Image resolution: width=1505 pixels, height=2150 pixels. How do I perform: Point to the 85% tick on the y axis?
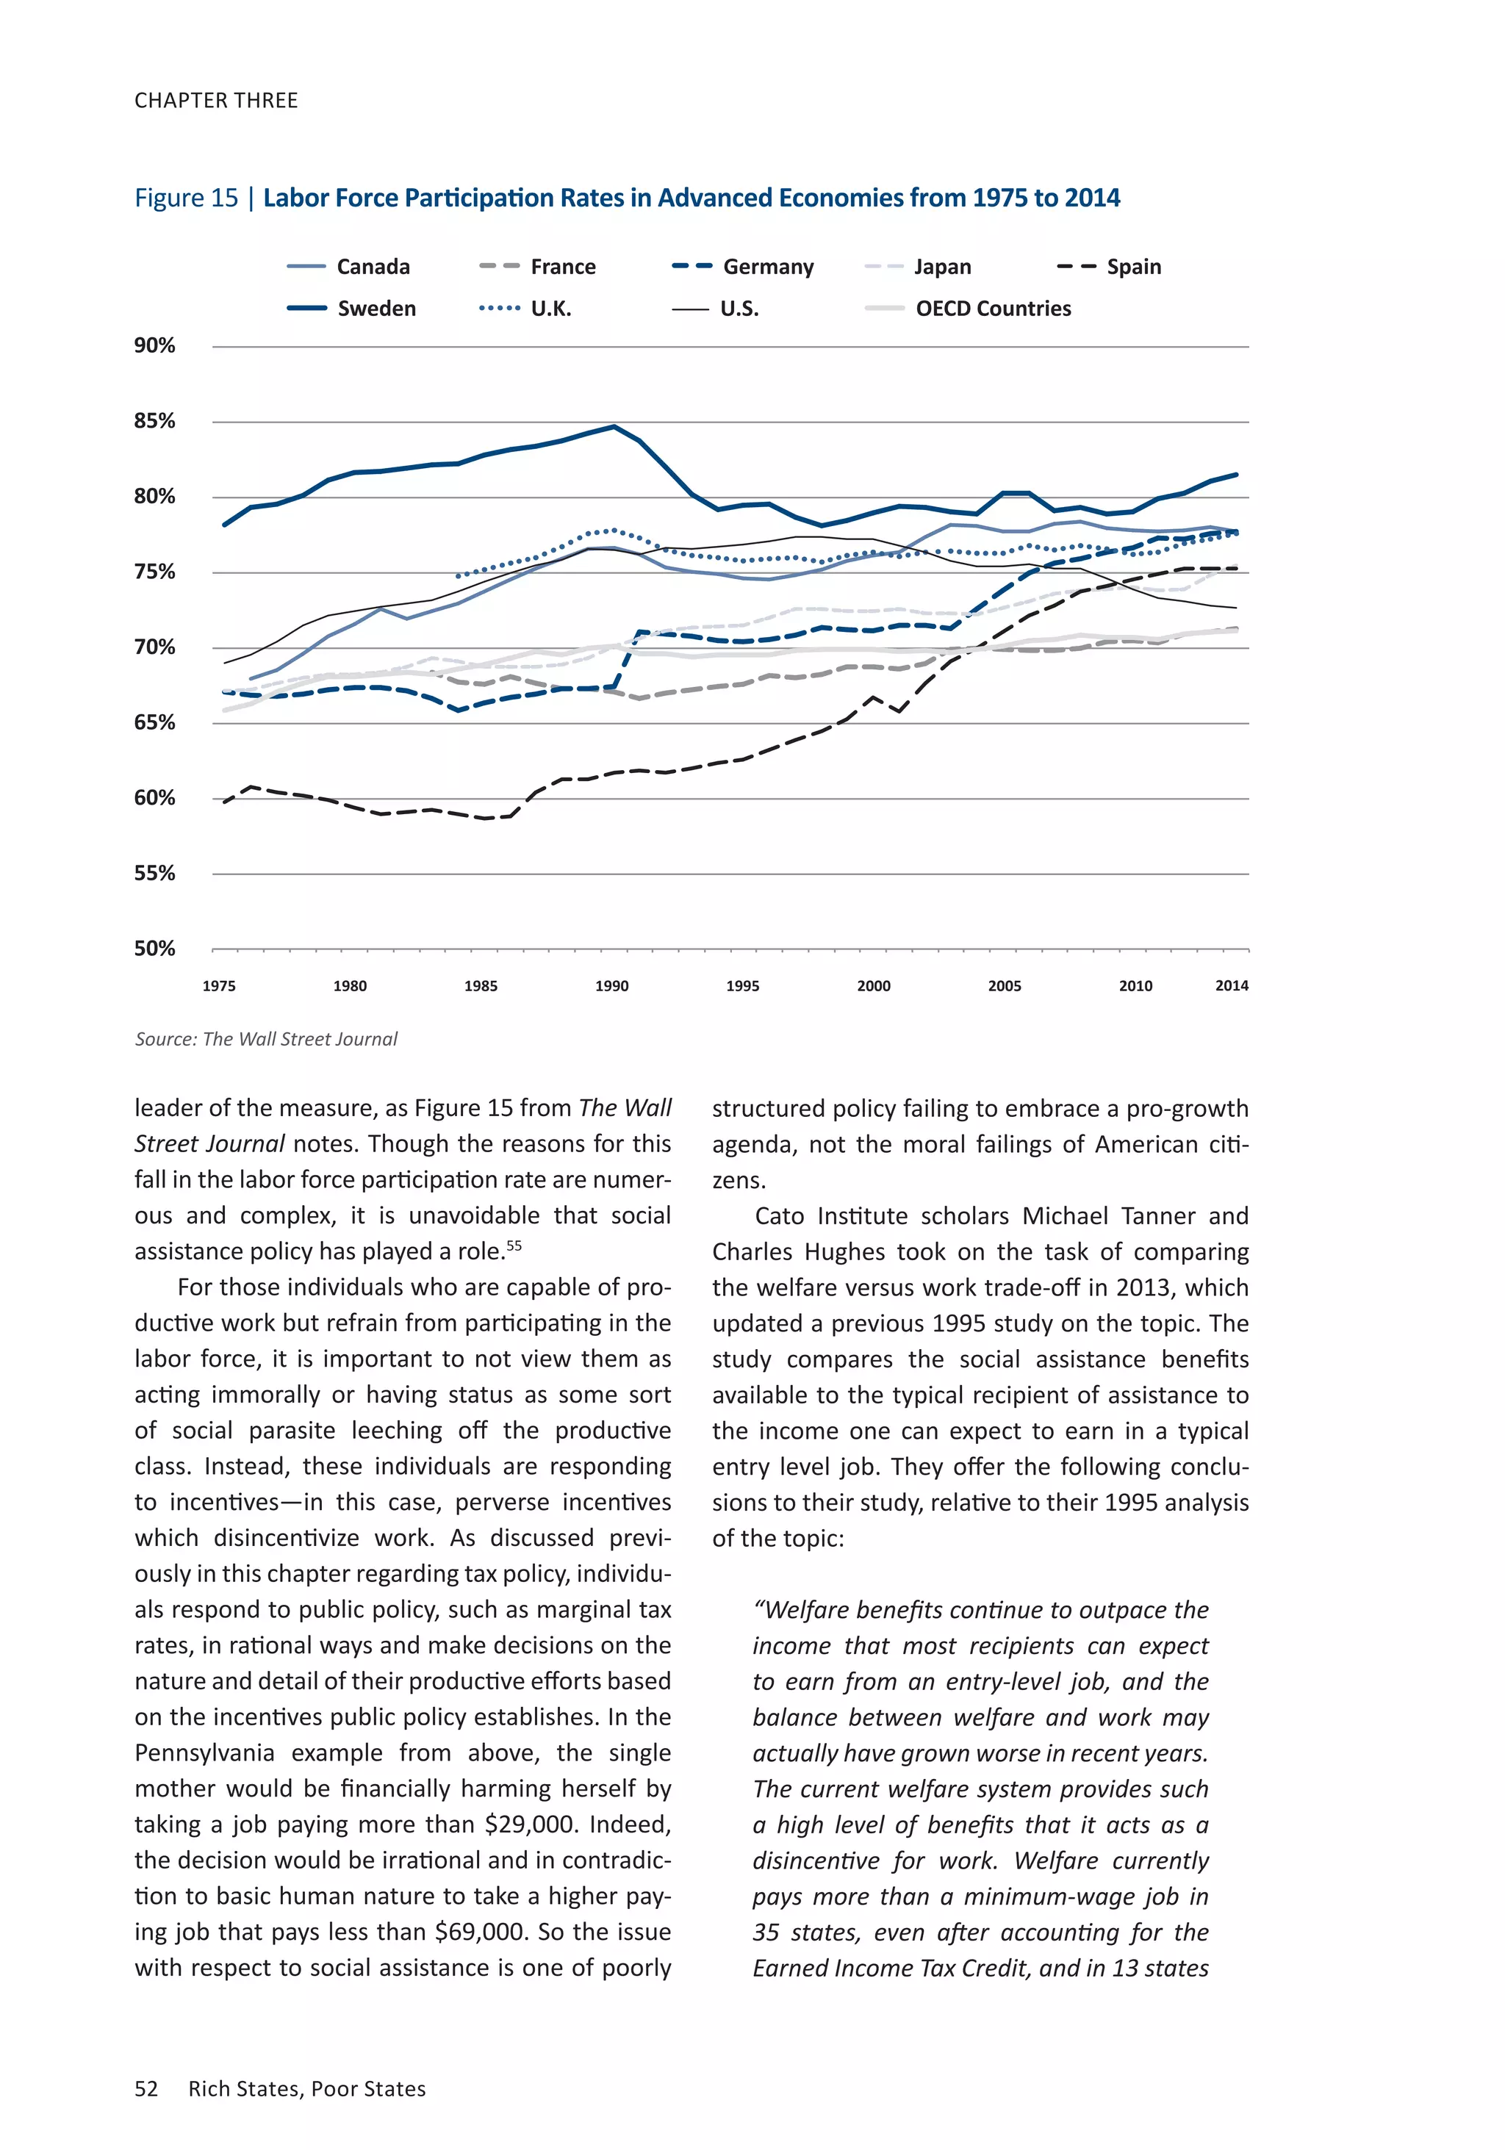pos(154,421)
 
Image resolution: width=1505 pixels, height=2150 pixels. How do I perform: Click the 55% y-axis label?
pos(154,874)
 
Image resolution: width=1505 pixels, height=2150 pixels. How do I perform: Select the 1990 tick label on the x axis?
pos(611,986)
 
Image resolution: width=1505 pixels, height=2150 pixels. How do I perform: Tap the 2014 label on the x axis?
pos(1231,986)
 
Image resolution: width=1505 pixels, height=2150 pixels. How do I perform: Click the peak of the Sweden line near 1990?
pos(614,427)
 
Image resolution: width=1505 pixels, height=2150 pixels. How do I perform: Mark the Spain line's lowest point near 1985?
pos(485,819)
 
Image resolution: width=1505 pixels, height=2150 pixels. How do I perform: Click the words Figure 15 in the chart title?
pos(187,198)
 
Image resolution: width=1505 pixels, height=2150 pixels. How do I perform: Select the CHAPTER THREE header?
pos(216,100)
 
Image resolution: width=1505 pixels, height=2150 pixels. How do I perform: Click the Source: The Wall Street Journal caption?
pos(266,1040)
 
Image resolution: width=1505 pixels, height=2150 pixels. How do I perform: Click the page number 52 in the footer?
pos(146,2089)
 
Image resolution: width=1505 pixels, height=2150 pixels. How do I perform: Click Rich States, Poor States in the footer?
pos(307,2089)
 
